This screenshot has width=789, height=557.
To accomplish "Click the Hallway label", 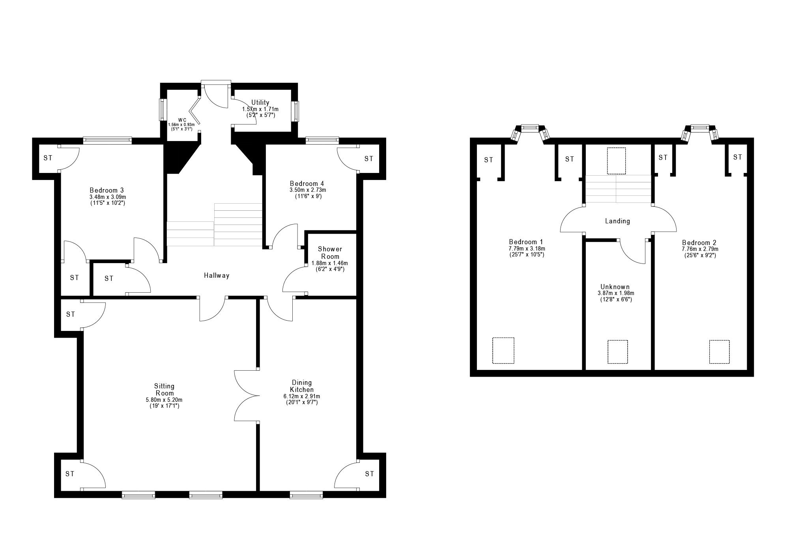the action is (x=217, y=276).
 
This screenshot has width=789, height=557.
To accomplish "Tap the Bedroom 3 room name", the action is (x=107, y=190).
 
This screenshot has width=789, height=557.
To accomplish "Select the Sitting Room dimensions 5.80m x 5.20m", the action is (x=164, y=400).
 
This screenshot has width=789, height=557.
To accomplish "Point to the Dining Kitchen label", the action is (x=302, y=386).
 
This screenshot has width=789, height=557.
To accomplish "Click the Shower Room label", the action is (x=330, y=253).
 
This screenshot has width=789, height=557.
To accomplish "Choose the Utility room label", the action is (x=260, y=103).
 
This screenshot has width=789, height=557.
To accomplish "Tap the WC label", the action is (x=182, y=120).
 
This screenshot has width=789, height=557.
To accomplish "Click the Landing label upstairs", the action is (x=617, y=221).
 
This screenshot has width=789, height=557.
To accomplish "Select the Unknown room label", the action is (x=615, y=287).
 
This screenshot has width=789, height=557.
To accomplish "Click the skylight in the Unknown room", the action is (x=617, y=352).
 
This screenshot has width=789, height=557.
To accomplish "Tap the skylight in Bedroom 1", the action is (x=503, y=351).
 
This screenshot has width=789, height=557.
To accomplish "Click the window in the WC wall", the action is (x=162, y=110).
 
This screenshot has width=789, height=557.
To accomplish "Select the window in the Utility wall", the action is (x=295, y=111).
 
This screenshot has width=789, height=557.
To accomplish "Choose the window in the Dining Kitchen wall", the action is (x=306, y=495).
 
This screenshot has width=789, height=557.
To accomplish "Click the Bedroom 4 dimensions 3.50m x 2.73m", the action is (x=307, y=190).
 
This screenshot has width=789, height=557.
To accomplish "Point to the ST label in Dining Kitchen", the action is (x=369, y=474).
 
